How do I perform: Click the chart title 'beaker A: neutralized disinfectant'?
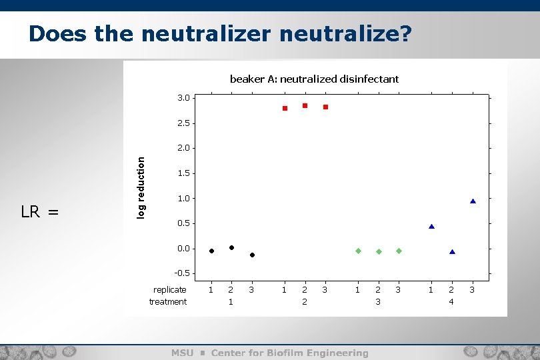tap(314, 79)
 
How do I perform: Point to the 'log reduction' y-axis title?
tap(141, 187)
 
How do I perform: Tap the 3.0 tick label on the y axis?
tap(183, 98)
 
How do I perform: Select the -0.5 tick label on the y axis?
tap(182, 273)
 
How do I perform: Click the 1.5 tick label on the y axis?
tap(183, 173)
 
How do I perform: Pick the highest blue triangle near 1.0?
tap(473, 201)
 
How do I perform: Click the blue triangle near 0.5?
tap(431, 227)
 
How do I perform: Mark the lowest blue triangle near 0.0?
tap(452, 251)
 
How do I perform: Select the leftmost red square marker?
tap(285, 108)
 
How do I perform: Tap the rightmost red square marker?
tap(326, 107)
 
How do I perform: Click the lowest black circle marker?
tap(252, 255)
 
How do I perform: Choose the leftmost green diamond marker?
tap(358, 251)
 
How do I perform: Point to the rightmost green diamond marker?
tap(399, 251)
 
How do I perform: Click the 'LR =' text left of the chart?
tap(40, 213)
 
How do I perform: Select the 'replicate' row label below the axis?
tap(169, 290)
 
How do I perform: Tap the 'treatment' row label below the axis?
tap(168, 302)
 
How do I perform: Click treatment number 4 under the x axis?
tap(451, 302)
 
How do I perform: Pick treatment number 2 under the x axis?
tap(305, 302)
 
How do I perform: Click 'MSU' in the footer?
tap(183, 353)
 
